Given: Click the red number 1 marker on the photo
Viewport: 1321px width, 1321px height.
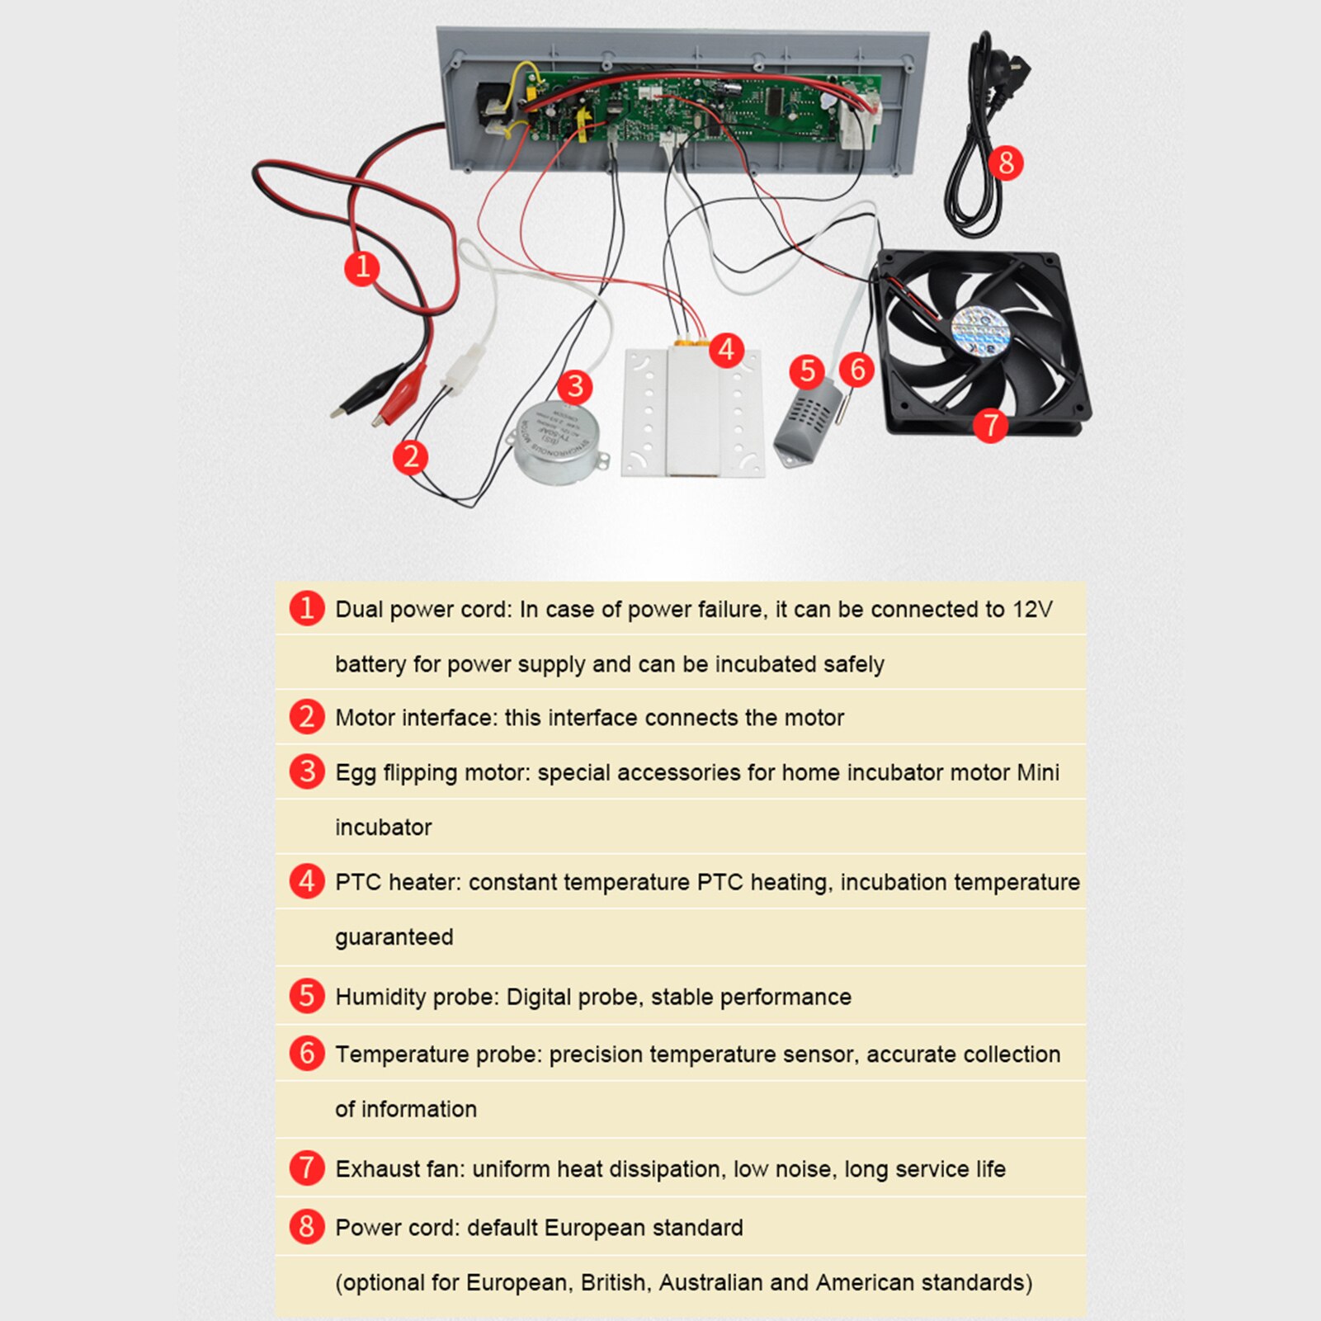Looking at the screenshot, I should tap(361, 267).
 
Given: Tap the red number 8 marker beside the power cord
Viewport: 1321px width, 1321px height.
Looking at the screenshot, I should tap(1006, 163).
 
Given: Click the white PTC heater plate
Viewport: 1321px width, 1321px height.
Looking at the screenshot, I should tap(692, 412).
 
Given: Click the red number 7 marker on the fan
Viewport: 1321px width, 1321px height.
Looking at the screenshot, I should tap(990, 426).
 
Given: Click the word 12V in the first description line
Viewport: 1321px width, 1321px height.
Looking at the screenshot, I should tap(1032, 610).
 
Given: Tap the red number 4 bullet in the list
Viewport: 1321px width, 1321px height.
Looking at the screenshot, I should tap(306, 881).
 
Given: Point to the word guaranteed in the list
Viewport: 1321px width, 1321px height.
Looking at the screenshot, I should tap(394, 937).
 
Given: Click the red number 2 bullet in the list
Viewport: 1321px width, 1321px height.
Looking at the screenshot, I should tap(306, 716).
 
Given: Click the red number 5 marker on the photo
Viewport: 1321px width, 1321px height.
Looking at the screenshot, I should tap(807, 372).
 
